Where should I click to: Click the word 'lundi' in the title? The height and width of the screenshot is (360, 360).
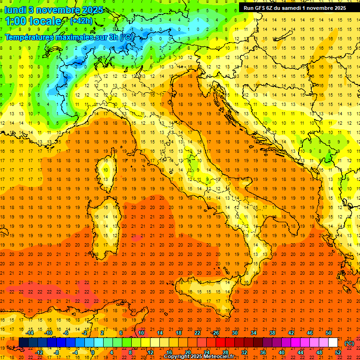click(x=15, y=10)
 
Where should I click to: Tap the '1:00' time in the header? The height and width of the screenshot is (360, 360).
click(x=16, y=21)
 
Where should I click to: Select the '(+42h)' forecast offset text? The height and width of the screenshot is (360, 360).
click(x=81, y=21)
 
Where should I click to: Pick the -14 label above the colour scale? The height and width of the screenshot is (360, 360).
click(x=30, y=333)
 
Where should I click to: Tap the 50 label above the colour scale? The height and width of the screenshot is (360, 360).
click(x=328, y=333)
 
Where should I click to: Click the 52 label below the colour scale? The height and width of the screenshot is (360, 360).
click(x=338, y=352)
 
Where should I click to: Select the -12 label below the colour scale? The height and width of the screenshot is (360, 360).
click(x=40, y=352)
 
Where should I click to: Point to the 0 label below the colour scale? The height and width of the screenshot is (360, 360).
click(x=93, y=352)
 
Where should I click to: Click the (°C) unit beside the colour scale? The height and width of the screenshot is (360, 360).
click(x=349, y=343)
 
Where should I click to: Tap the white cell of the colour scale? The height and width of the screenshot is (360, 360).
click(x=333, y=343)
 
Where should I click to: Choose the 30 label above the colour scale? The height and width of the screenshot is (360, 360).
click(x=234, y=333)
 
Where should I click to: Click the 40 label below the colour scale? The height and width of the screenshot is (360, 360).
click(x=281, y=352)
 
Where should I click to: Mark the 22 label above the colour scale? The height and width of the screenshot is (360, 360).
click(x=197, y=333)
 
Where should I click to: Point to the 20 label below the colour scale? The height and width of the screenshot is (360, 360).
click(x=187, y=352)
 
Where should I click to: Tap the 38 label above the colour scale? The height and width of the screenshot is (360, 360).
click(x=272, y=333)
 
